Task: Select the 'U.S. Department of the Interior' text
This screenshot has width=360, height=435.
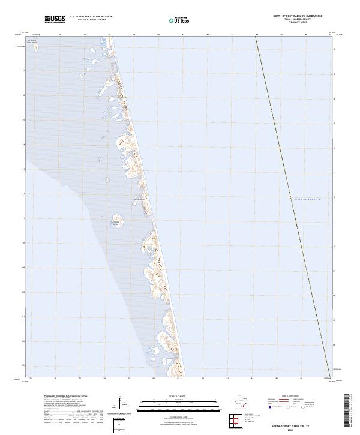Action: coord(90,17)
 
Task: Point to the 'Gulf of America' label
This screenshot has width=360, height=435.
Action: coord(307,199)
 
